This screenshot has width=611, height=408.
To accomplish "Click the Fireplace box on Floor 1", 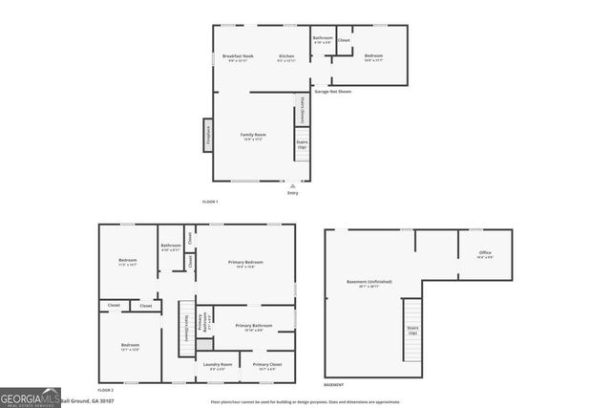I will pos(206,135).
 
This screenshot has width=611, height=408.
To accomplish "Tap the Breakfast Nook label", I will pos(238,58).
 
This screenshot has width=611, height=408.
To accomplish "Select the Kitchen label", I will pos(286,58).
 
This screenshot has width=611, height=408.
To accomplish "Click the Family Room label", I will pos(253,137).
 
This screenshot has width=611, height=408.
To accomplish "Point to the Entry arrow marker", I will pos(292,185).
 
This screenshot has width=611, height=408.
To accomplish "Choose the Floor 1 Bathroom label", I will pos(323,40).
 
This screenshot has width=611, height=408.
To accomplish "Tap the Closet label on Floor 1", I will pos(344,40).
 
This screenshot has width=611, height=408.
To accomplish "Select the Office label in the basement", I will pos(485,254).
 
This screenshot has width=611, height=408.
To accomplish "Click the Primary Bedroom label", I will pos(245,264).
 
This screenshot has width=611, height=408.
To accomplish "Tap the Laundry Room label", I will pos(219,366).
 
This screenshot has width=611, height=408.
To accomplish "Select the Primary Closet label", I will pos(266,366).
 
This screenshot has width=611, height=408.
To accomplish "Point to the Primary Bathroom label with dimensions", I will pos(258,328).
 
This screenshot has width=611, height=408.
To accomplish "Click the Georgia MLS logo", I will pos(31,397).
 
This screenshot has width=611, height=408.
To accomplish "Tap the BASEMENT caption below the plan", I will pos(334,384).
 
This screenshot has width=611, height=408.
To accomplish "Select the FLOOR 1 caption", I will pos(210,202).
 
